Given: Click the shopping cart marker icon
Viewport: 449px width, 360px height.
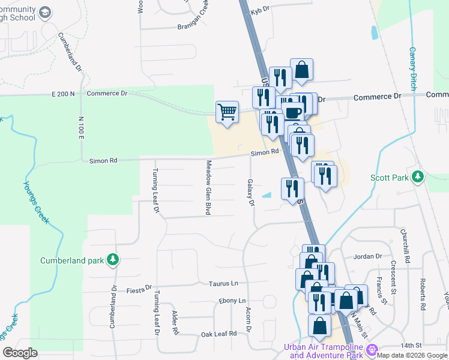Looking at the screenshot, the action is pos(227,111).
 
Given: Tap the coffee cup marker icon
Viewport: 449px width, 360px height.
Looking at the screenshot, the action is pos(293,112).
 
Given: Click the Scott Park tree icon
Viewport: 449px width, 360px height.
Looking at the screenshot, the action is pos(418,177).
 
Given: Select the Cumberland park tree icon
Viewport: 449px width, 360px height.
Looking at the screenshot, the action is pos(112,260).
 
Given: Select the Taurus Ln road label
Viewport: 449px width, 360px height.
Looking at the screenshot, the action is pos(223,283).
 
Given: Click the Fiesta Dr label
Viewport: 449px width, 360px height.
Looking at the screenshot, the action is pos(140,290).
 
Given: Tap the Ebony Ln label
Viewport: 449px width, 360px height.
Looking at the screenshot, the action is pos(232,301).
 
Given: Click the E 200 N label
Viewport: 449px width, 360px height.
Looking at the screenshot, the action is pos(64,94).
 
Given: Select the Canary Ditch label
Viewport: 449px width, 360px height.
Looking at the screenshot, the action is pos(412,69).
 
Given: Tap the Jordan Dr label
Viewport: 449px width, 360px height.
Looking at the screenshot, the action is pos(368,256).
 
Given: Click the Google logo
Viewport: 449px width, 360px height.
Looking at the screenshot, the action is pos(20,352).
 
